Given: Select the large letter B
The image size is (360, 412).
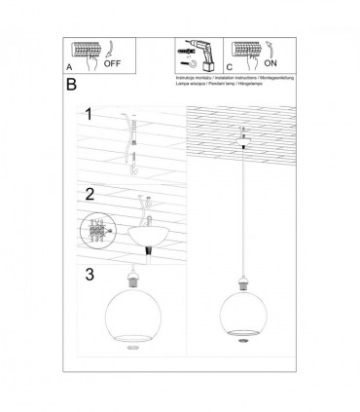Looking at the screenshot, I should (x=70, y=86).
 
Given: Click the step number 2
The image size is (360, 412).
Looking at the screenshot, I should (x=89, y=193).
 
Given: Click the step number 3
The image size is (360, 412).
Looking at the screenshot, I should (x=89, y=274).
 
